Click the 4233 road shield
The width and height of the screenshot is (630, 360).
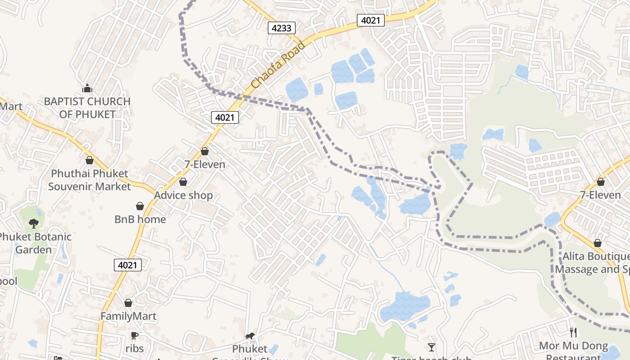point(282,28)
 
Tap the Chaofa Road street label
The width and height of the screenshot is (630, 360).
point(278,65)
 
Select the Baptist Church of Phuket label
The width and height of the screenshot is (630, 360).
point(87,108)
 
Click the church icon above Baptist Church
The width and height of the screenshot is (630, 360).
point(87,88)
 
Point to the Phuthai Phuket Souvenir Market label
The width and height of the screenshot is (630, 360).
point(89,180)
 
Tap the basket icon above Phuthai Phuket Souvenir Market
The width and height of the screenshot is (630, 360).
point(90,160)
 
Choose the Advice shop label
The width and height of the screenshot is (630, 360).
point(183,195)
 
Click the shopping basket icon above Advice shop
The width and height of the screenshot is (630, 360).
point(183,182)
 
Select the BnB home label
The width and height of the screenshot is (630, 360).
point(140,219)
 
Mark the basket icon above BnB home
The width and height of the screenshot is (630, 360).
point(140,206)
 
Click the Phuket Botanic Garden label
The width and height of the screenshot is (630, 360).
point(35,243)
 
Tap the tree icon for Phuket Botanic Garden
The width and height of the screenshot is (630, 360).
point(33,223)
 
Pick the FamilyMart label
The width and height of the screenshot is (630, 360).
point(128,316)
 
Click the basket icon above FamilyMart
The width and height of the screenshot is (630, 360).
point(128,303)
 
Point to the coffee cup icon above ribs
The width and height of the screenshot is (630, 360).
point(134,335)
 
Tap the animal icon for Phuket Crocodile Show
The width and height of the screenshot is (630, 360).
point(250,336)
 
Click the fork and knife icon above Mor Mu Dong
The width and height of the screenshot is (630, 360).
point(573,333)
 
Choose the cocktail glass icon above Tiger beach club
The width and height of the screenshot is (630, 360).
point(432,347)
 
